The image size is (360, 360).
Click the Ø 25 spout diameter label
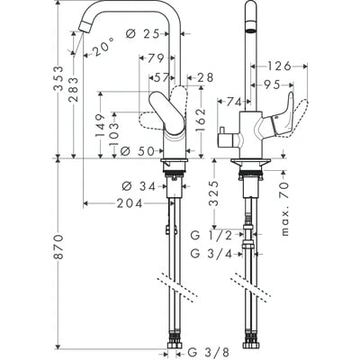145,34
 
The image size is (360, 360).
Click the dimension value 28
204,78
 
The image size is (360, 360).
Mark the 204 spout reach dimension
131,203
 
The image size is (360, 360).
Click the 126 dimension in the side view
278,66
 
